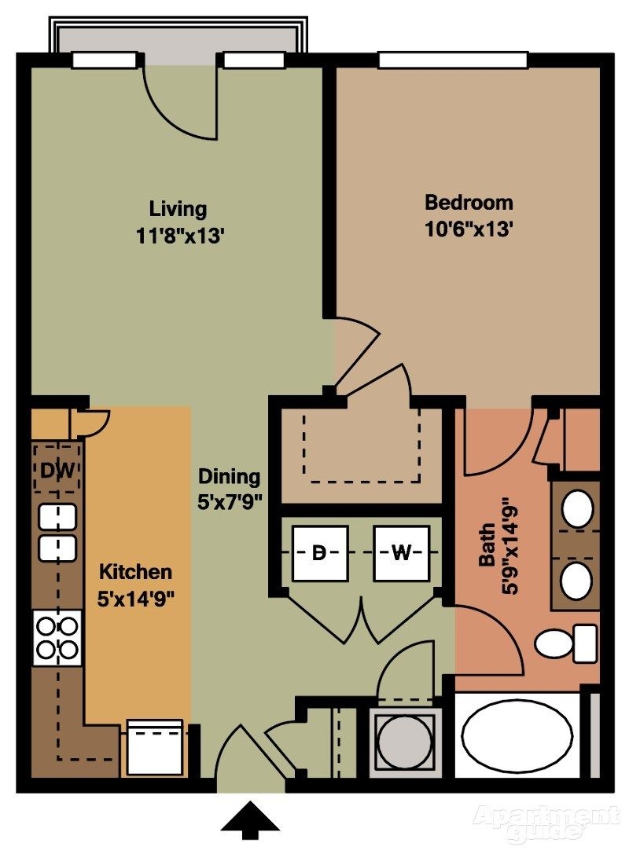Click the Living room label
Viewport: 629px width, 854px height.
pos(178,209)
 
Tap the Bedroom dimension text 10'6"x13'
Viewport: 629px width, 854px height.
pos(469,229)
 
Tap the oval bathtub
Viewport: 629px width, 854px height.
pos(517,735)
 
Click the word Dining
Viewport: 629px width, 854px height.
pos(228,476)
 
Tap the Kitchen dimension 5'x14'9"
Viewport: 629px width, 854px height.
pos(135,598)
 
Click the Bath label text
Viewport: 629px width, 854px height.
pos(488,545)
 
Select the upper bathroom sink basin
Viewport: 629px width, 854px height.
pos(579,508)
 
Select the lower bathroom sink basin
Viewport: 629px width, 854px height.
pos(577,581)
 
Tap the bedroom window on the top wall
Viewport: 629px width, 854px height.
pos(452,60)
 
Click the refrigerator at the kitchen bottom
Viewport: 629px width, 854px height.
pos(155,747)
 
